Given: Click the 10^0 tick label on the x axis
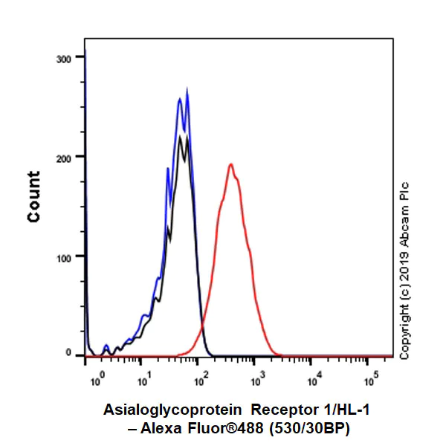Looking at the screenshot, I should coord(96,381).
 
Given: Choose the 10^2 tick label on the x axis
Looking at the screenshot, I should coord(198,381).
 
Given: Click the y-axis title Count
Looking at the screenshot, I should coord(33,196).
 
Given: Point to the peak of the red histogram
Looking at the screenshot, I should coord(231,164).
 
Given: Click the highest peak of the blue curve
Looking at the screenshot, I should coord(187,91).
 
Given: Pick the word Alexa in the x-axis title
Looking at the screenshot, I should coord(163,428).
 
